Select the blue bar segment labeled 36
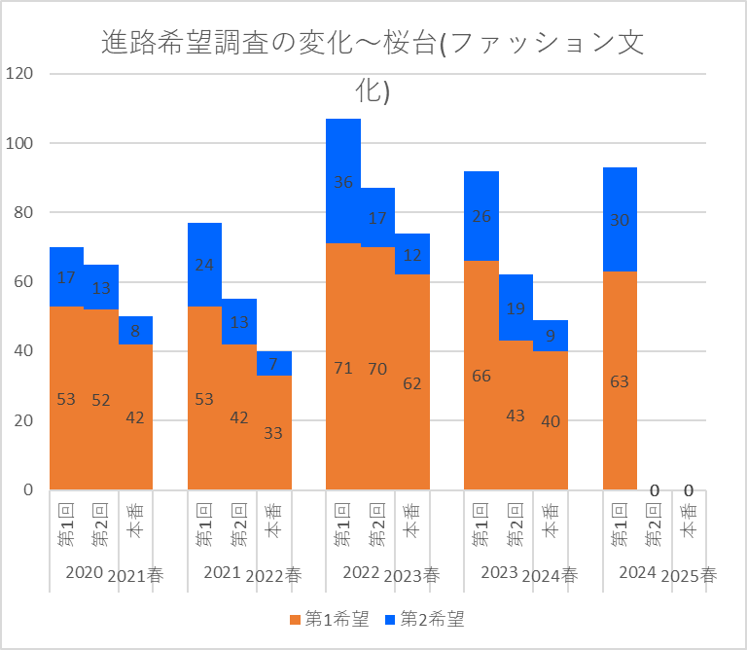tap(343, 181)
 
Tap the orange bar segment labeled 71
tap(343, 367)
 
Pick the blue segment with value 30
tap(620, 220)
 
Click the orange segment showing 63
tap(620, 380)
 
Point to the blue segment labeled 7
tap(273, 363)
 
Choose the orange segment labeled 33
tap(273, 432)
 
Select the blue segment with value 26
tap(481, 216)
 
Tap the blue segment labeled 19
tap(516, 307)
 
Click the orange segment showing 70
tap(377, 368)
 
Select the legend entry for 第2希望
tap(424, 619)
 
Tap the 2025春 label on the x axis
tap(688, 574)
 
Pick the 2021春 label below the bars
tap(135, 574)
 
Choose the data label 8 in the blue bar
tap(135, 331)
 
